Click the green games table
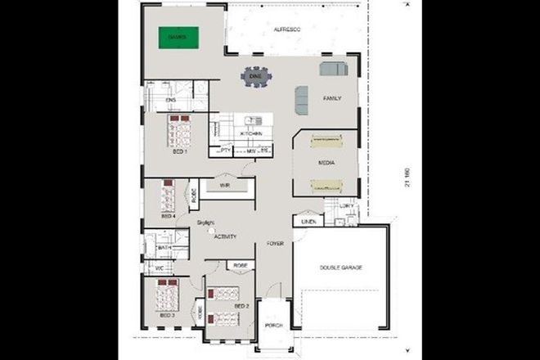[178, 38]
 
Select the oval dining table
[255, 77]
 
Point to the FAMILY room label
[331, 98]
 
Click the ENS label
[171, 100]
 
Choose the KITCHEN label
[251, 133]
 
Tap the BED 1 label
[180, 151]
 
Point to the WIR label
[224, 186]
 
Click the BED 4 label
[168, 216]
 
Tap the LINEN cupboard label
[308, 221]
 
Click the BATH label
[164, 247]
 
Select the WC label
[160, 267]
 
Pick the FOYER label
[275, 244]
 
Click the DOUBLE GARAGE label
[340, 268]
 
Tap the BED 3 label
[167, 314]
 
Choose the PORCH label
[273, 325]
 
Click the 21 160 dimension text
[406, 179]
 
